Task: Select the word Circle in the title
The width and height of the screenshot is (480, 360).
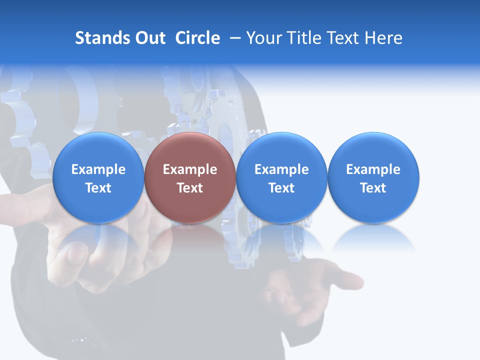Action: pyautogui.click(x=197, y=38)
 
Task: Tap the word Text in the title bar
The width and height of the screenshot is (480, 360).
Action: pyautogui.click(x=347, y=38)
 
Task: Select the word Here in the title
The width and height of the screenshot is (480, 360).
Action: pyautogui.click(x=386, y=38)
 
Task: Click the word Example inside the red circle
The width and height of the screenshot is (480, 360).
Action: pyautogui.click(x=189, y=169)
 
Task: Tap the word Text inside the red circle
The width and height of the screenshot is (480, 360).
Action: pyautogui.click(x=189, y=188)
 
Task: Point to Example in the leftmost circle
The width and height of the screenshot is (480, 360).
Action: pyautogui.click(x=98, y=169)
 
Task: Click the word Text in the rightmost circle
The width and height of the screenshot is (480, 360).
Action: pyautogui.click(x=373, y=188)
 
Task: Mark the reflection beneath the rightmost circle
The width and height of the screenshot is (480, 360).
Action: pyautogui.click(x=373, y=237)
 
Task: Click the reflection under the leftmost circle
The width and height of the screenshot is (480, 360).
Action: pyautogui.click(x=98, y=237)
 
